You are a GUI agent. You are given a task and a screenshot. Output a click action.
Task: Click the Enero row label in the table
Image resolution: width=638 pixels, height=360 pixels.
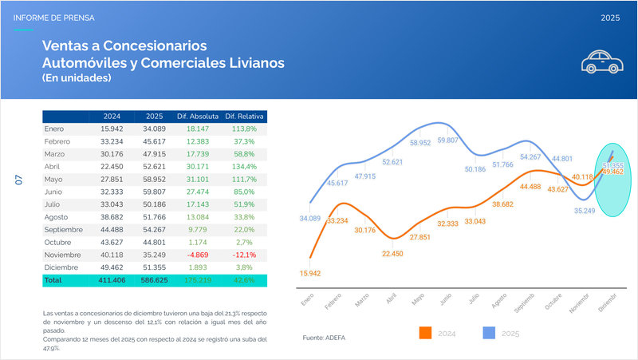coord(54,129)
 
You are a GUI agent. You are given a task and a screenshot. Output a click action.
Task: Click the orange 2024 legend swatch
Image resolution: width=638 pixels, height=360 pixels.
coord(425,333)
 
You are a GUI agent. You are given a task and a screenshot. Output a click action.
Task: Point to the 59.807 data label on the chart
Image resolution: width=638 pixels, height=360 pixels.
coord(448,140)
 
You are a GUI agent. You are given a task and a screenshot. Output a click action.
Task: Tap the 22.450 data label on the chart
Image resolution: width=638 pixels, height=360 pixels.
coord(392,253)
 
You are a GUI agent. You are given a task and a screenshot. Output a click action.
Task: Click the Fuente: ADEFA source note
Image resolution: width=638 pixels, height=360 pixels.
coord(325,338)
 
